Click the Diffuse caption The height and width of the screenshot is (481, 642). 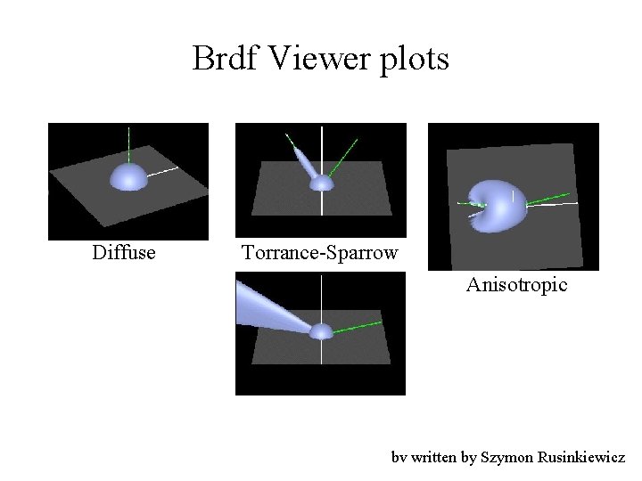click(x=124, y=253)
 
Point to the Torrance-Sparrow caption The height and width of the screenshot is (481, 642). click(x=320, y=253)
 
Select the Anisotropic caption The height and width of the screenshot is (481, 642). click(x=516, y=285)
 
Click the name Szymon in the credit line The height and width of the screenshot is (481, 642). click(x=506, y=458)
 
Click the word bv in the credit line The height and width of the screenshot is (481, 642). click(x=399, y=458)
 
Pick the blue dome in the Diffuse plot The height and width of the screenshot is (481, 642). click(x=128, y=176)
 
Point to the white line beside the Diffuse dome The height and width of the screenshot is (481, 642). click(x=162, y=171)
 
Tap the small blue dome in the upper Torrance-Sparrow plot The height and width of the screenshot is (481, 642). click(x=321, y=183)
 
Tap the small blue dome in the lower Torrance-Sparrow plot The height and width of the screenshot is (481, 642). click(x=321, y=331)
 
